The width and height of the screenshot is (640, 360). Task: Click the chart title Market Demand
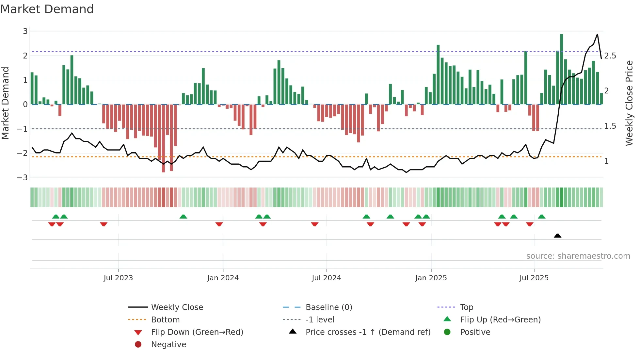pyautogui.click(x=47, y=9)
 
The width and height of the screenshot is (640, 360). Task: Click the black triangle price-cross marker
pyautogui.click(x=558, y=236)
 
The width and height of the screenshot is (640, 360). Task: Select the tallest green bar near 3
pyautogui.click(x=562, y=69)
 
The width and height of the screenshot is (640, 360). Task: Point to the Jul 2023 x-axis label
pyautogui.click(x=118, y=278)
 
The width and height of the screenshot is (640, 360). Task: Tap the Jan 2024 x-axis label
pyautogui.click(x=223, y=278)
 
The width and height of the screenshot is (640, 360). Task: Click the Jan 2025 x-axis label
pyautogui.click(x=431, y=278)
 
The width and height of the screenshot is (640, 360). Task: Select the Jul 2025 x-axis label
pyautogui.click(x=534, y=278)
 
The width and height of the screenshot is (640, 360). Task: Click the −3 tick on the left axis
pyautogui.click(x=23, y=178)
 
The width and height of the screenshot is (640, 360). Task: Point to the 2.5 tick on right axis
pyautogui.click(x=610, y=56)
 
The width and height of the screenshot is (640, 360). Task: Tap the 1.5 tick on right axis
pyautogui.click(x=610, y=126)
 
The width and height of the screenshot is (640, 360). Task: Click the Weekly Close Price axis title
pyautogui.click(x=629, y=103)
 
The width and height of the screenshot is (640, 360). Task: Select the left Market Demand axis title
pyautogui.click(x=6, y=103)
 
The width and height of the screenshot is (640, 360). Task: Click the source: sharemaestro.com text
pyautogui.click(x=578, y=256)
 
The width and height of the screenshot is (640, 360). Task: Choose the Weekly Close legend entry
pyautogui.click(x=177, y=307)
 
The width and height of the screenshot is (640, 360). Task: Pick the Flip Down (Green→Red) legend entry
pyautogui.click(x=197, y=332)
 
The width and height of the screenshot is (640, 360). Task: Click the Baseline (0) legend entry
pyautogui.click(x=328, y=307)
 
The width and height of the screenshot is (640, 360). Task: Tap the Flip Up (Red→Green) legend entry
pyautogui.click(x=500, y=320)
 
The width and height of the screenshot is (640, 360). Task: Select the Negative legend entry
pyautogui.click(x=168, y=345)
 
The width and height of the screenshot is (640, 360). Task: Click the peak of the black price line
pyautogui.click(x=597, y=34)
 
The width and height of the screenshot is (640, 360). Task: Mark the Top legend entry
pyautogui.click(x=467, y=307)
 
